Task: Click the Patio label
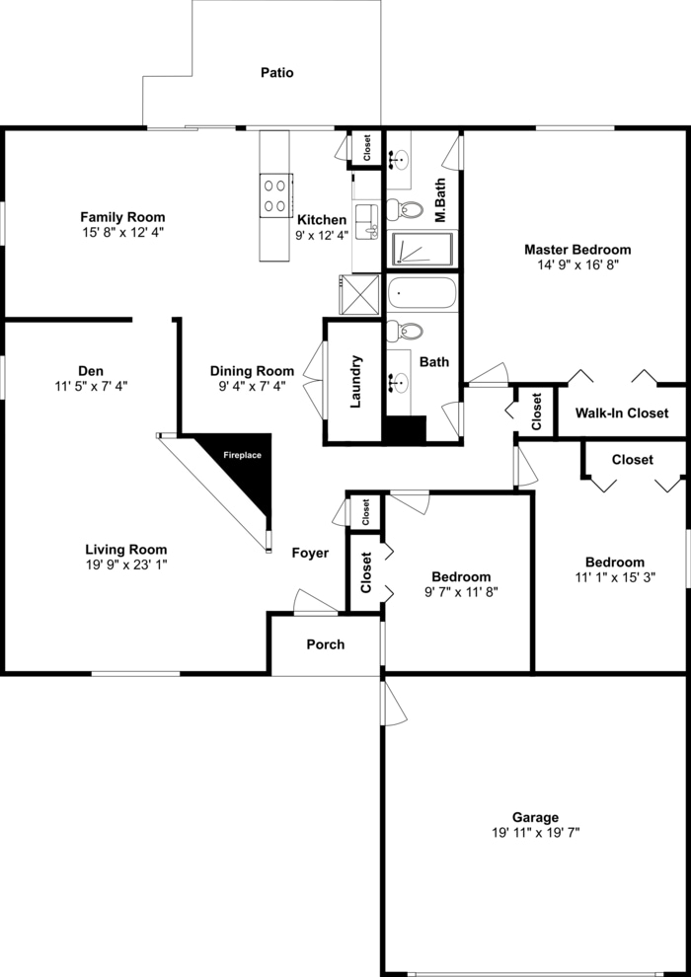276,73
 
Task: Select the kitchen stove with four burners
274,195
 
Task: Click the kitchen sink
367,223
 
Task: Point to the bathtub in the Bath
422,294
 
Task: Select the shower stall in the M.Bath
423,249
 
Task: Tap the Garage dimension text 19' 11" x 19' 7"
535,833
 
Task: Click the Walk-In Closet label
622,413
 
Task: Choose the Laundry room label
355,382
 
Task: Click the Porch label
326,644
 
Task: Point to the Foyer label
310,554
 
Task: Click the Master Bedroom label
577,250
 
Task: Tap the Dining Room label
252,371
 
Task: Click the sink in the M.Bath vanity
400,158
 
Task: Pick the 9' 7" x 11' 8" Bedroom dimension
461,592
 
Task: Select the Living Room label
125,550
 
